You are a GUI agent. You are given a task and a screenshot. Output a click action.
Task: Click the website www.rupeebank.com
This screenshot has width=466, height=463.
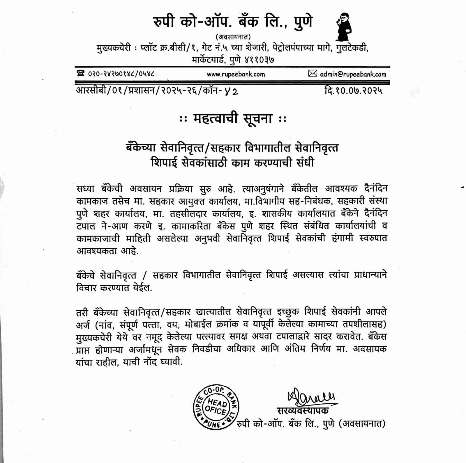pyautogui.click(x=236, y=74)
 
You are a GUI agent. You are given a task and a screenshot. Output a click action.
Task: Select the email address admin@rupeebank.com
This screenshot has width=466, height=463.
pyautogui.click(x=353, y=74)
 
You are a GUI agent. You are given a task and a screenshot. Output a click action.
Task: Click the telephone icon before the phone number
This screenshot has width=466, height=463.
pyautogui.click(x=81, y=74)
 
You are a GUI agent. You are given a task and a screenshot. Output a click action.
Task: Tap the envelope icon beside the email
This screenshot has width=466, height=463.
pyautogui.click(x=313, y=74)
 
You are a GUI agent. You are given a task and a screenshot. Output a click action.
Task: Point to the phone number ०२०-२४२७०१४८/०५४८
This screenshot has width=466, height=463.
pyautogui.click(x=121, y=74)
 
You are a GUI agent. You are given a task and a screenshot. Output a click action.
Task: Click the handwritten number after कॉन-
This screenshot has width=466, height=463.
pyautogui.click(x=232, y=91)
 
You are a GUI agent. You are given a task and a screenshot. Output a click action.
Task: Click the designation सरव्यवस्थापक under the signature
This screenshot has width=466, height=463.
pyautogui.click(x=303, y=410)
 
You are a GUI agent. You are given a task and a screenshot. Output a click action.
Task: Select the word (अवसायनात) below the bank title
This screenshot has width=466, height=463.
pyautogui.click(x=233, y=37)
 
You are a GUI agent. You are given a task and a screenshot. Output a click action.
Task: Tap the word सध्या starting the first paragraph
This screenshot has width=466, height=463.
pyautogui.click(x=85, y=189)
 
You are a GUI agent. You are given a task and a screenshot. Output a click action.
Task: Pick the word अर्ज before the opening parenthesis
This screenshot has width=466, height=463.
pyautogui.click(x=83, y=324)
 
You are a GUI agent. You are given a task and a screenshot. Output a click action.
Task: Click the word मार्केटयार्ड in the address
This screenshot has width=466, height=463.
pyautogui.click(x=208, y=60)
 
